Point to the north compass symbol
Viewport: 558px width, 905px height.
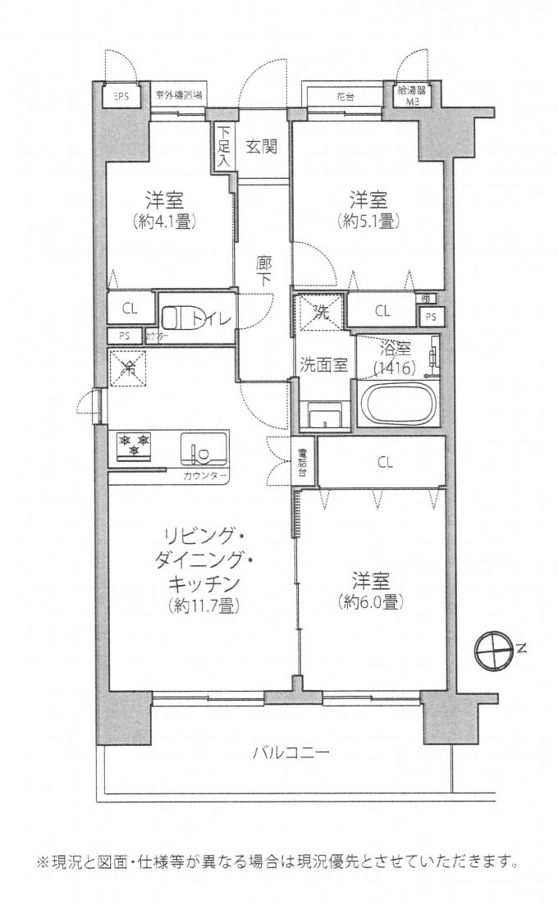[496, 648]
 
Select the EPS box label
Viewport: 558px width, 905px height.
[121, 96]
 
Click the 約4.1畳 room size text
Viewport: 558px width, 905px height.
[165, 220]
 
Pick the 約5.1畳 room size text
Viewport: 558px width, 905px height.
[369, 220]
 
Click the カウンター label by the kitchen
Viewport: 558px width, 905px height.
[205, 475]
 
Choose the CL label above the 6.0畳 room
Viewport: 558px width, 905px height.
[385, 462]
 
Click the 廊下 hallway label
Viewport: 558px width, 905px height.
[263, 273]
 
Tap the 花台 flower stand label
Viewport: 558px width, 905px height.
[344, 96]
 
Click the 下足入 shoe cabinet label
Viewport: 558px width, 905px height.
[224, 149]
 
